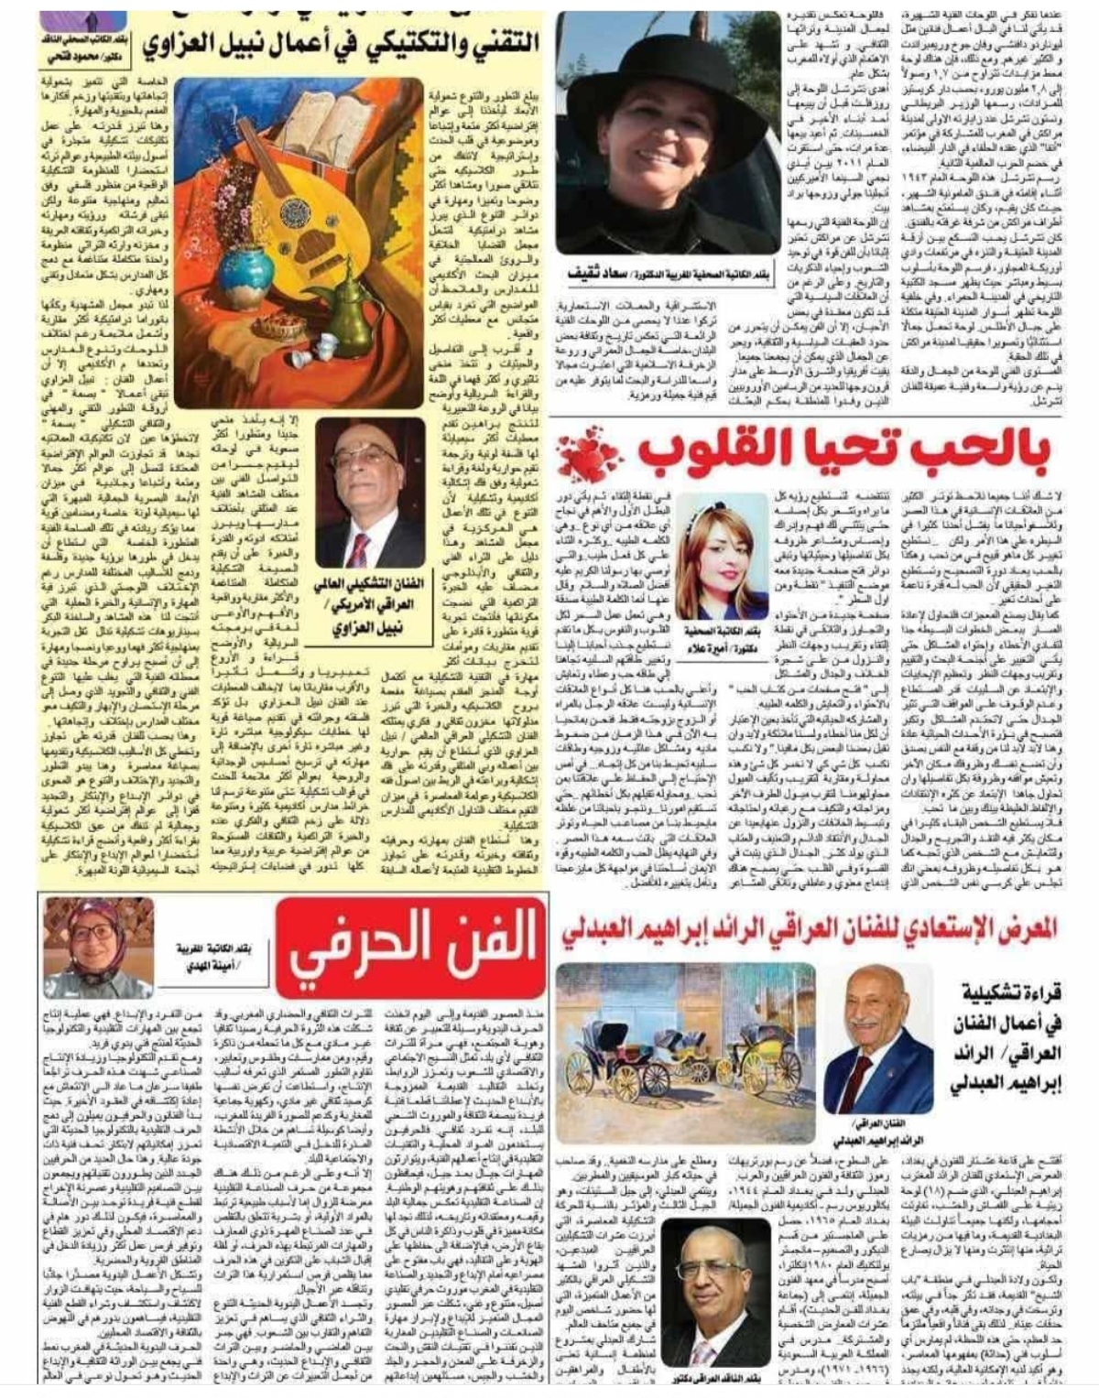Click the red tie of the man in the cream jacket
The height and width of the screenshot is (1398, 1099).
[x=360, y=549]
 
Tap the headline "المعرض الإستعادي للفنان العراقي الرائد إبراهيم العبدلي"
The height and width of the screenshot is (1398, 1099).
[x=809, y=928]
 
